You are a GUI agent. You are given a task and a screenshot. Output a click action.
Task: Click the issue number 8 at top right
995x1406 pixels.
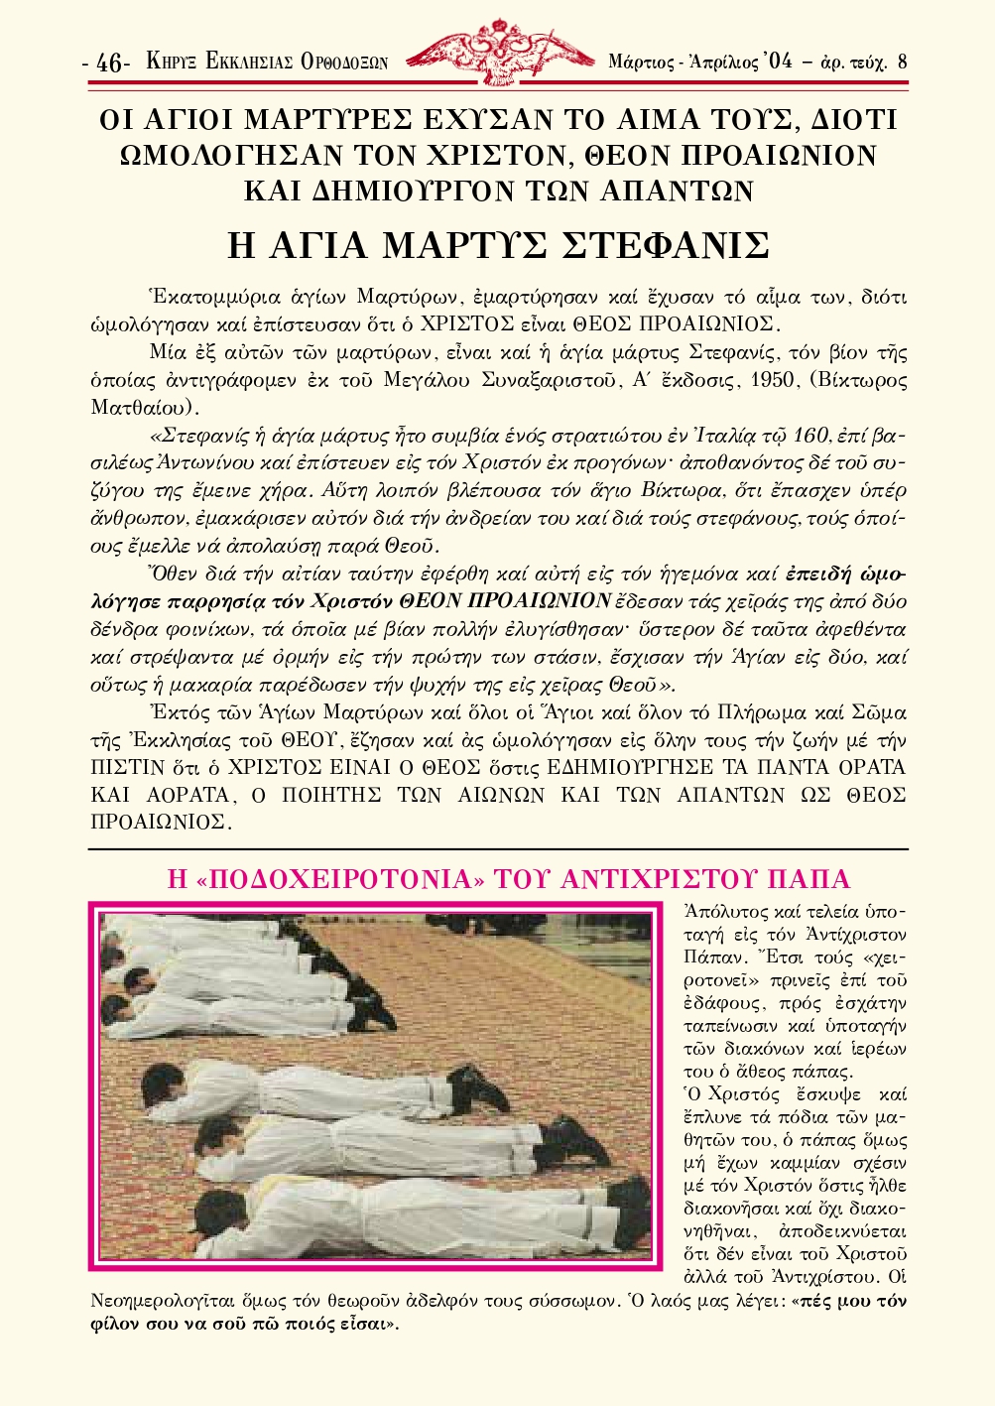[902, 61]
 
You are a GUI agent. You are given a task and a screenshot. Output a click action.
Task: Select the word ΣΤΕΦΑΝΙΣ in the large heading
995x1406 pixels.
[666, 245]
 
